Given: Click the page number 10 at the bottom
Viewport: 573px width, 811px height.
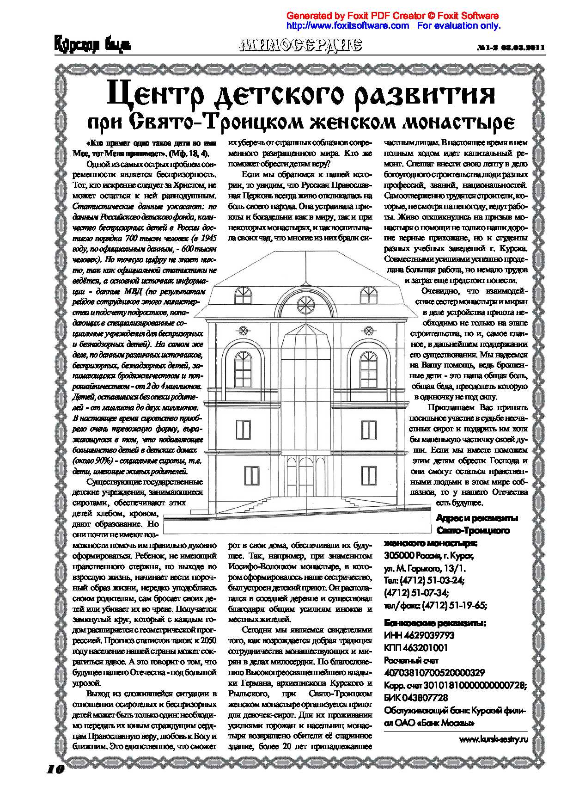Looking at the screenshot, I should (55, 768).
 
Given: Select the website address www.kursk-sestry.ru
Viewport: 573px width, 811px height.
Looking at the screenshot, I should (494, 739).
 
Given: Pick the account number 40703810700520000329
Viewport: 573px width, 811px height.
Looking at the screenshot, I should (434, 673).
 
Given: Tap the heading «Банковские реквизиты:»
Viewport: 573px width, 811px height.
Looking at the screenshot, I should (435, 623).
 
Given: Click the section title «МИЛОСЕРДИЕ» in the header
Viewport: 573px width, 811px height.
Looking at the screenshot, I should (301, 45).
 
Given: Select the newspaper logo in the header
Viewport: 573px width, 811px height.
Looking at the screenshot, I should (92, 44).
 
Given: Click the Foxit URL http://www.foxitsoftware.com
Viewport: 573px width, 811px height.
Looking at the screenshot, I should (347, 25).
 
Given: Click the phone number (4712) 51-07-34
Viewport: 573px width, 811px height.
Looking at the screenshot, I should (416, 593).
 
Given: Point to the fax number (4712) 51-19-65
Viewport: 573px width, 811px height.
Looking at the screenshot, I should (454, 605).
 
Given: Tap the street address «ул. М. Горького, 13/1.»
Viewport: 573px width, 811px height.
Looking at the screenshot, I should (425, 568).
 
